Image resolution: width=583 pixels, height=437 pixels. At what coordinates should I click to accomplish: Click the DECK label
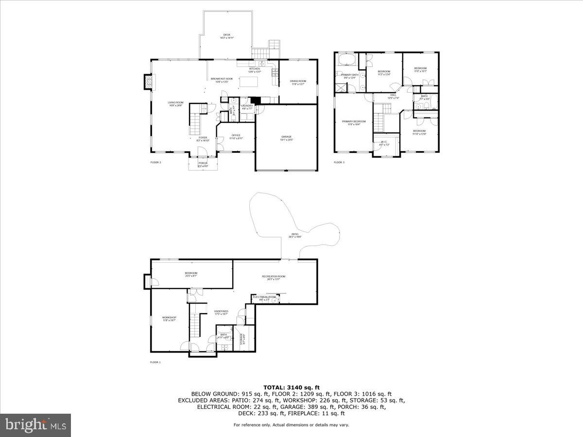(x=226, y=35)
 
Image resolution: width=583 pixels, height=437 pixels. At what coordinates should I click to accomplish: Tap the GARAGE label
(x=286, y=137)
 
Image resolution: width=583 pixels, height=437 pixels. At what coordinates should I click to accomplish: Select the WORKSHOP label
(x=169, y=319)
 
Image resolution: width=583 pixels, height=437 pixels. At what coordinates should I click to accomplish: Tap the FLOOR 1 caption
(x=155, y=362)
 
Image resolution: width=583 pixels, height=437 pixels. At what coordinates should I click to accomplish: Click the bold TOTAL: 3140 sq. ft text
(x=291, y=387)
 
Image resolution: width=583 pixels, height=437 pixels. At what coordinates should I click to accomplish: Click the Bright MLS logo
(x=35, y=425)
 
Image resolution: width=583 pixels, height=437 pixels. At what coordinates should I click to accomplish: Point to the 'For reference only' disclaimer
(x=291, y=425)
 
